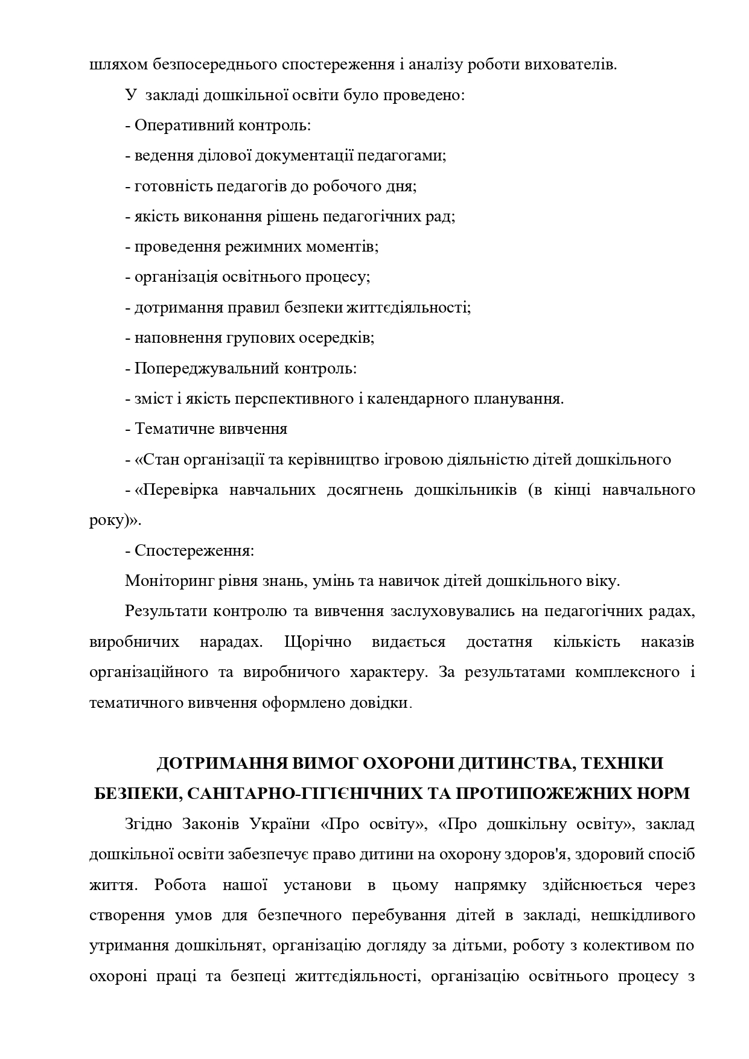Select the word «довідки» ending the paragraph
[x=386, y=702]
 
